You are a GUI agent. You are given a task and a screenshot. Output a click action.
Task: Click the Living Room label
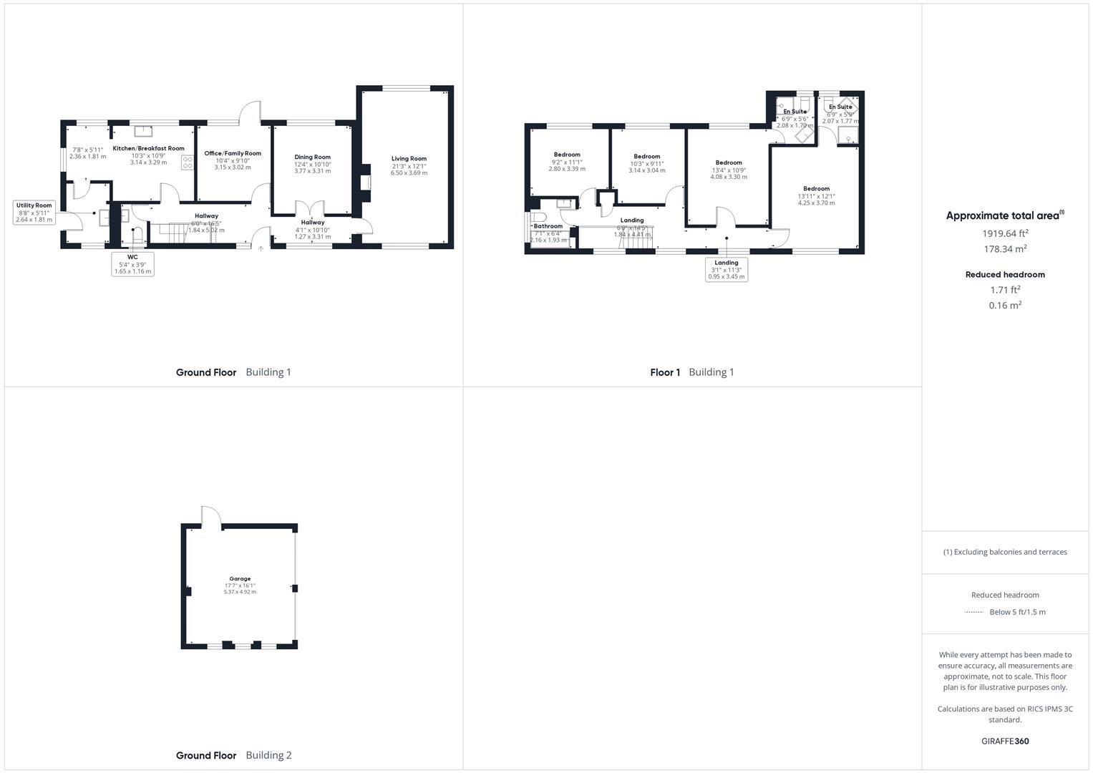pyautogui.click(x=409, y=159)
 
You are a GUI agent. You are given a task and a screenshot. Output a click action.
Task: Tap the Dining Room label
pyautogui.click(x=313, y=157)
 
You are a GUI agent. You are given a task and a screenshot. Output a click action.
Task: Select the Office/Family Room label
pyautogui.click(x=233, y=153)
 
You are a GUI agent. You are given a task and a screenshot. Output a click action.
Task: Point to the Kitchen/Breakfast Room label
pyautogui.click(x=149, y=149)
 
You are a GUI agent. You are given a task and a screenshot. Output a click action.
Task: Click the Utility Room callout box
pyautogui.click(x=34, y=213)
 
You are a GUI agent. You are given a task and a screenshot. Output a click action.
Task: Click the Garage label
pyautogui.click(x=240, y=578)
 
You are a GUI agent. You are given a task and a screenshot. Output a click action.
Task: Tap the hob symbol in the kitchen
pyautogui.click(x=188, y=162)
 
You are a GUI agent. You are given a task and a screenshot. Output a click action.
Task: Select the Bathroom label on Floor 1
pyautogui.click(x=548, y=226)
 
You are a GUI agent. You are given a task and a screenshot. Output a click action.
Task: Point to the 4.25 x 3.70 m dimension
pyautogui.click(x=816, y=203)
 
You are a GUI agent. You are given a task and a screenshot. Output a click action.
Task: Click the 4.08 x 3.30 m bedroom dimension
pyautogui.click(x=729, y=177)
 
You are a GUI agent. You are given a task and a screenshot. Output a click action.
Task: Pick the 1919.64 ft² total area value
pyautogui.click(x=1005, y=233)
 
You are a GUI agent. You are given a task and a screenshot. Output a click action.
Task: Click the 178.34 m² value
pyautogui.click(x=1005, y=249)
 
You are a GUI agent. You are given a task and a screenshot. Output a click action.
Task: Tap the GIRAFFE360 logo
pyautogui.click(x=1005, y=741)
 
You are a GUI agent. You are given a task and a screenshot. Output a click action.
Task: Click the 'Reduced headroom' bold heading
pyautogui.click(x=1005, y=275)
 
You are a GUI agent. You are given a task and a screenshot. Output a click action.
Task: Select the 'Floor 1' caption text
pyautogui.click(x=665, y=372)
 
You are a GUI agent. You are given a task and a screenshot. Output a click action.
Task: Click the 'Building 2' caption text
pyautogui.click(x=268, y=755)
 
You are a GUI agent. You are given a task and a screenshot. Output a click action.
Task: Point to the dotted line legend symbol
pyautogui.click(x=973, y=612)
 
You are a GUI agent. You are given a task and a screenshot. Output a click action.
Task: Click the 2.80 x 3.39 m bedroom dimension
pyautogui.click(x=567, y=169)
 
